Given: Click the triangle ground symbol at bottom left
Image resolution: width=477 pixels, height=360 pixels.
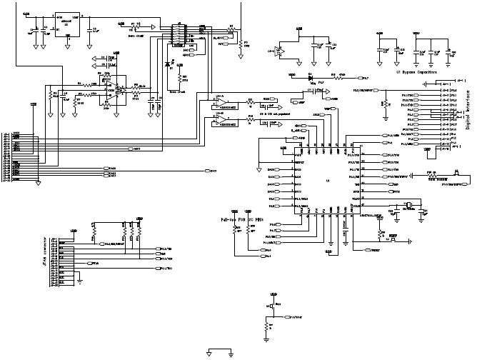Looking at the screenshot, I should pyautogui.click(x=209, y=351).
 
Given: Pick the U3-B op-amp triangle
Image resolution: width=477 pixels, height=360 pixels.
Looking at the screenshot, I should pyautogui.click(x=221, y=122).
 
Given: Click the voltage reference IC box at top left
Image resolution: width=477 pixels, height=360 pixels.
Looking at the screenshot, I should pyautogui.click(x=67, y=22).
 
